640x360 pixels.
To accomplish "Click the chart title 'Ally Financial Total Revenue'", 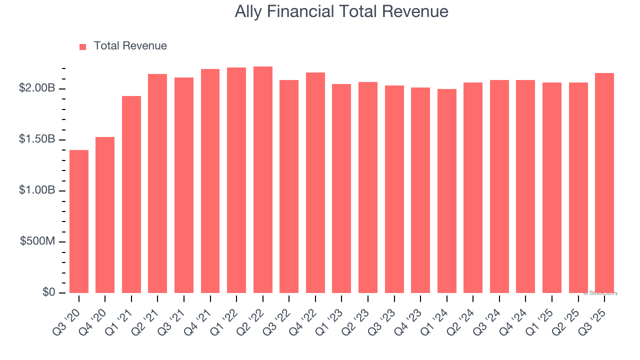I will (341, 11).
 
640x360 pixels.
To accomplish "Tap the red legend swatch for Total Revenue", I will (83, 46).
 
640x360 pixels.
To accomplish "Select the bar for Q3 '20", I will (79, 221).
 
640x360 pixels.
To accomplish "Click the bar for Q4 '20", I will (105, 215).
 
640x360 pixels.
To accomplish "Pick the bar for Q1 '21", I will (131, 194).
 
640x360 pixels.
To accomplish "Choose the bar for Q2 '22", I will (263, 180).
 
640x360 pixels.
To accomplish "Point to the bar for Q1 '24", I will (446, 191).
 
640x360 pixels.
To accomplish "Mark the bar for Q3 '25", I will (604, 183).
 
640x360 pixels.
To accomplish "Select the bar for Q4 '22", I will (315, 183).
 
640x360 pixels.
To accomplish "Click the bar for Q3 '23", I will (394, 189).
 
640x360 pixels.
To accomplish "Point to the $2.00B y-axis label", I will (37, 88).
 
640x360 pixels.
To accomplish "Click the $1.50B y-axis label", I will (37, 139).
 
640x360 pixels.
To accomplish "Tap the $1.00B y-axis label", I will (37, 190).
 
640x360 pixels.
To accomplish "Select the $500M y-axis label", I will (37, 241).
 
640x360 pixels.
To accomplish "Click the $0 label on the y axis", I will (48, 292).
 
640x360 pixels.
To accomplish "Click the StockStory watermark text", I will (600, 293).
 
